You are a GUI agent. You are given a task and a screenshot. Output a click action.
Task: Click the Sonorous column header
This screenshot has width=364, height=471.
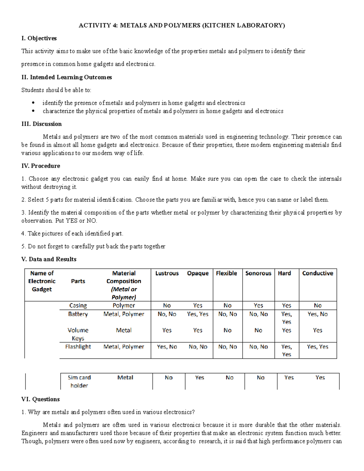[x=258, y=273]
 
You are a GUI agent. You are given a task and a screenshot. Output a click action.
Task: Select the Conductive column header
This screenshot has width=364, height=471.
[x=318, y=273]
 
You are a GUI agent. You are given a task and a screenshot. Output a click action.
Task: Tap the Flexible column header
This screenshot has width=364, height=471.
[x=226, y=273]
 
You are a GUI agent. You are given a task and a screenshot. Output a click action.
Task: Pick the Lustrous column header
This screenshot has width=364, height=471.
[x=167, y=273]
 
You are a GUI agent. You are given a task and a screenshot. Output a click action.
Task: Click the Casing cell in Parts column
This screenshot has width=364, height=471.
[x=78, y=305]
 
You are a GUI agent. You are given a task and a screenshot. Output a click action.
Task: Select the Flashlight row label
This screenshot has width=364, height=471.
[x=78, y=347]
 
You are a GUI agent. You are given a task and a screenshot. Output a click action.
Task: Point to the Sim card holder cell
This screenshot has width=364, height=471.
[x=79, y=382]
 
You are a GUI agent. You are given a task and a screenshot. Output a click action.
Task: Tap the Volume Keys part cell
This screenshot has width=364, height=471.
[x=78, y=334]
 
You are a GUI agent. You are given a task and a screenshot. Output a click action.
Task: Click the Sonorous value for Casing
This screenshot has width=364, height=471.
[x=258, y=305]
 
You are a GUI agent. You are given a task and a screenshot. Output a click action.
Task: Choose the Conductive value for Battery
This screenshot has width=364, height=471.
[x=318, y=314]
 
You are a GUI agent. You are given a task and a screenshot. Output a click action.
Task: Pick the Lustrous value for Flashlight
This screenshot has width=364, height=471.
[x=167, y=347]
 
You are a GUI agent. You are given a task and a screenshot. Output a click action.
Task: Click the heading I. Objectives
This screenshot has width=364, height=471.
[x=39, y=38]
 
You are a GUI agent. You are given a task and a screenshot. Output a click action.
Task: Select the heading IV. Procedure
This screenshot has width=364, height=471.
[x=41, y=166]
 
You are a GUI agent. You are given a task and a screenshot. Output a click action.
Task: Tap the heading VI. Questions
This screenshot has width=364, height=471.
[x=40, y=399]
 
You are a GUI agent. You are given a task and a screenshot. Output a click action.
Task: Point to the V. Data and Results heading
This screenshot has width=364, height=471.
[x=49, y=259]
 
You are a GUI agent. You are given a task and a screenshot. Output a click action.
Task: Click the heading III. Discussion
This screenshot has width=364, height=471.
[x=42, y=124]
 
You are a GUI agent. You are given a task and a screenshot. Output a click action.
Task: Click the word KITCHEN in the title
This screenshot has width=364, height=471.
[x=220, y=25]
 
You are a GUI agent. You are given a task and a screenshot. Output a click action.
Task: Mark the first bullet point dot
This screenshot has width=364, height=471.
[x=33, y=103]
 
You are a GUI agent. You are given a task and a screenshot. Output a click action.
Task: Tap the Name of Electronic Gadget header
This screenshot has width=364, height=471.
[x=42, y=281]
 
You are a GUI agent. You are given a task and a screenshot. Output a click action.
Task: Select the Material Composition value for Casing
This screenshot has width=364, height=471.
[x=124, y=305]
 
